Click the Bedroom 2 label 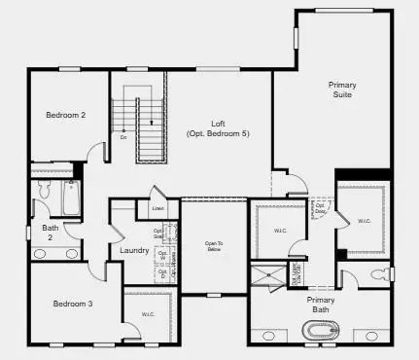click(x=66, y=115)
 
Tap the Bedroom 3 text click(x=73, y=304)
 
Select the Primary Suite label click(x=341, y=90)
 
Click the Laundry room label click(x=134, y=250)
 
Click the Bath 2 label click(x=48, y=231)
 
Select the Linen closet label click(x=157, y=207)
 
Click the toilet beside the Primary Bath click(x=380, y=275)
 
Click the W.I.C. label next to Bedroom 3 click(x=148, y=313)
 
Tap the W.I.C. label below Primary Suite click(x=366, y=220)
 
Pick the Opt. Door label click(x=320, y=208)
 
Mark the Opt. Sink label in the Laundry click(x=158, y=234)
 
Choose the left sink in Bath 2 click(x=41, y=253)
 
